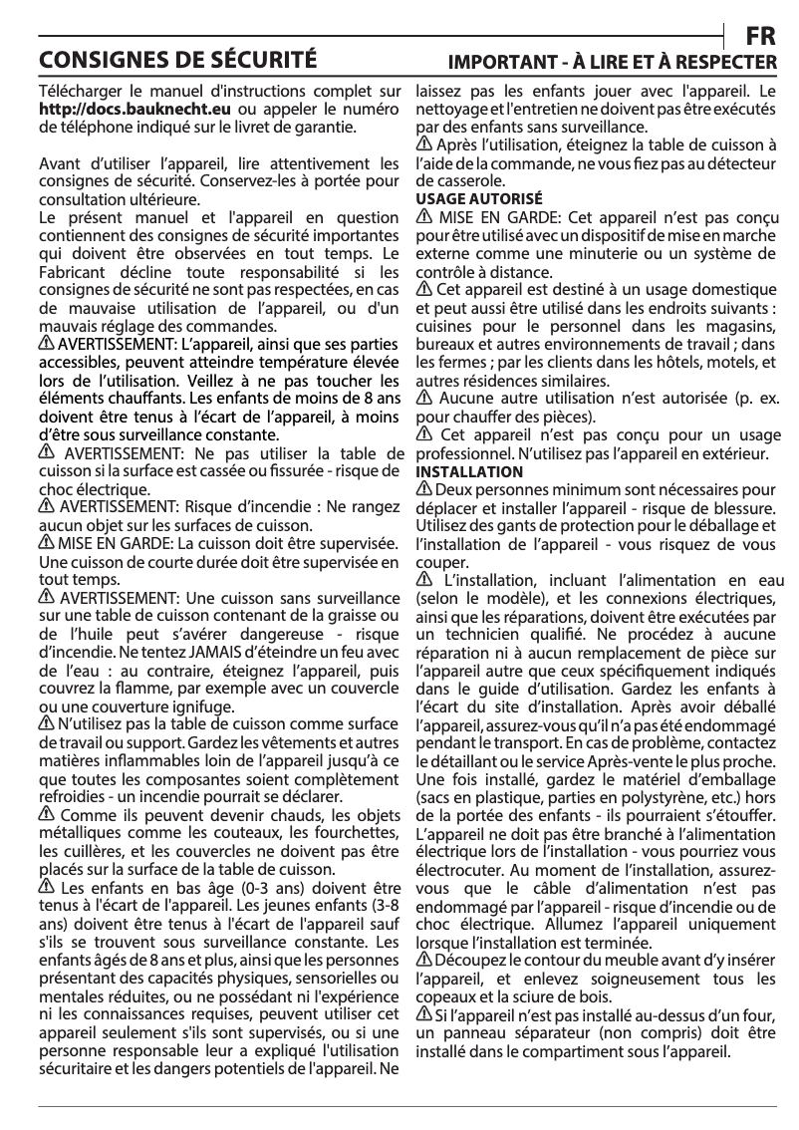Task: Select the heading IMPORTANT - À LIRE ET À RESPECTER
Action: point(613,63)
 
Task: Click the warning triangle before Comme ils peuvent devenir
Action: point(46,814)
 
